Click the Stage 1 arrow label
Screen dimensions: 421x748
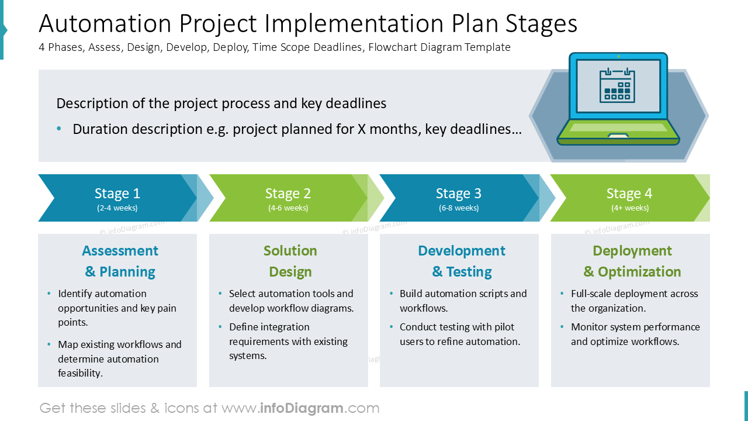tap(117, 194)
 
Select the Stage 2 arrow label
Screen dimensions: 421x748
tap(288, 194)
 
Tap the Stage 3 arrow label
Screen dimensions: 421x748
tap(459, 194)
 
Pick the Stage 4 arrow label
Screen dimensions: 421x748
tap(629, 194)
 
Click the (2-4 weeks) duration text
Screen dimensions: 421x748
tap(117, 208)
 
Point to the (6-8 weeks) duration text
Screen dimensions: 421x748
tap(459, 208)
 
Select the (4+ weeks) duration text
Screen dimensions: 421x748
tap(629, 208)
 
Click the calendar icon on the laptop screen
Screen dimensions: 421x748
tap(617, 85)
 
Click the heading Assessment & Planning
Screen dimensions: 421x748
tap(120, 261)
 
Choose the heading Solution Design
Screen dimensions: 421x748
tap(290, 261)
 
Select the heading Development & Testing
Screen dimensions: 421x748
tap(462, 261)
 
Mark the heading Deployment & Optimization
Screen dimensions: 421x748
tap(632, 261)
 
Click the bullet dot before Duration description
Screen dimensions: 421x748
tap(59, 129)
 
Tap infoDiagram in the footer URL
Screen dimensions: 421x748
tap(302, 408)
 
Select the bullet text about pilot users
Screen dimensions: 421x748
tap(459, 334)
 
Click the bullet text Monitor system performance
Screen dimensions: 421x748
tap(635, 334)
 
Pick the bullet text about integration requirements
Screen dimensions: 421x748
tap(288, 341)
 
